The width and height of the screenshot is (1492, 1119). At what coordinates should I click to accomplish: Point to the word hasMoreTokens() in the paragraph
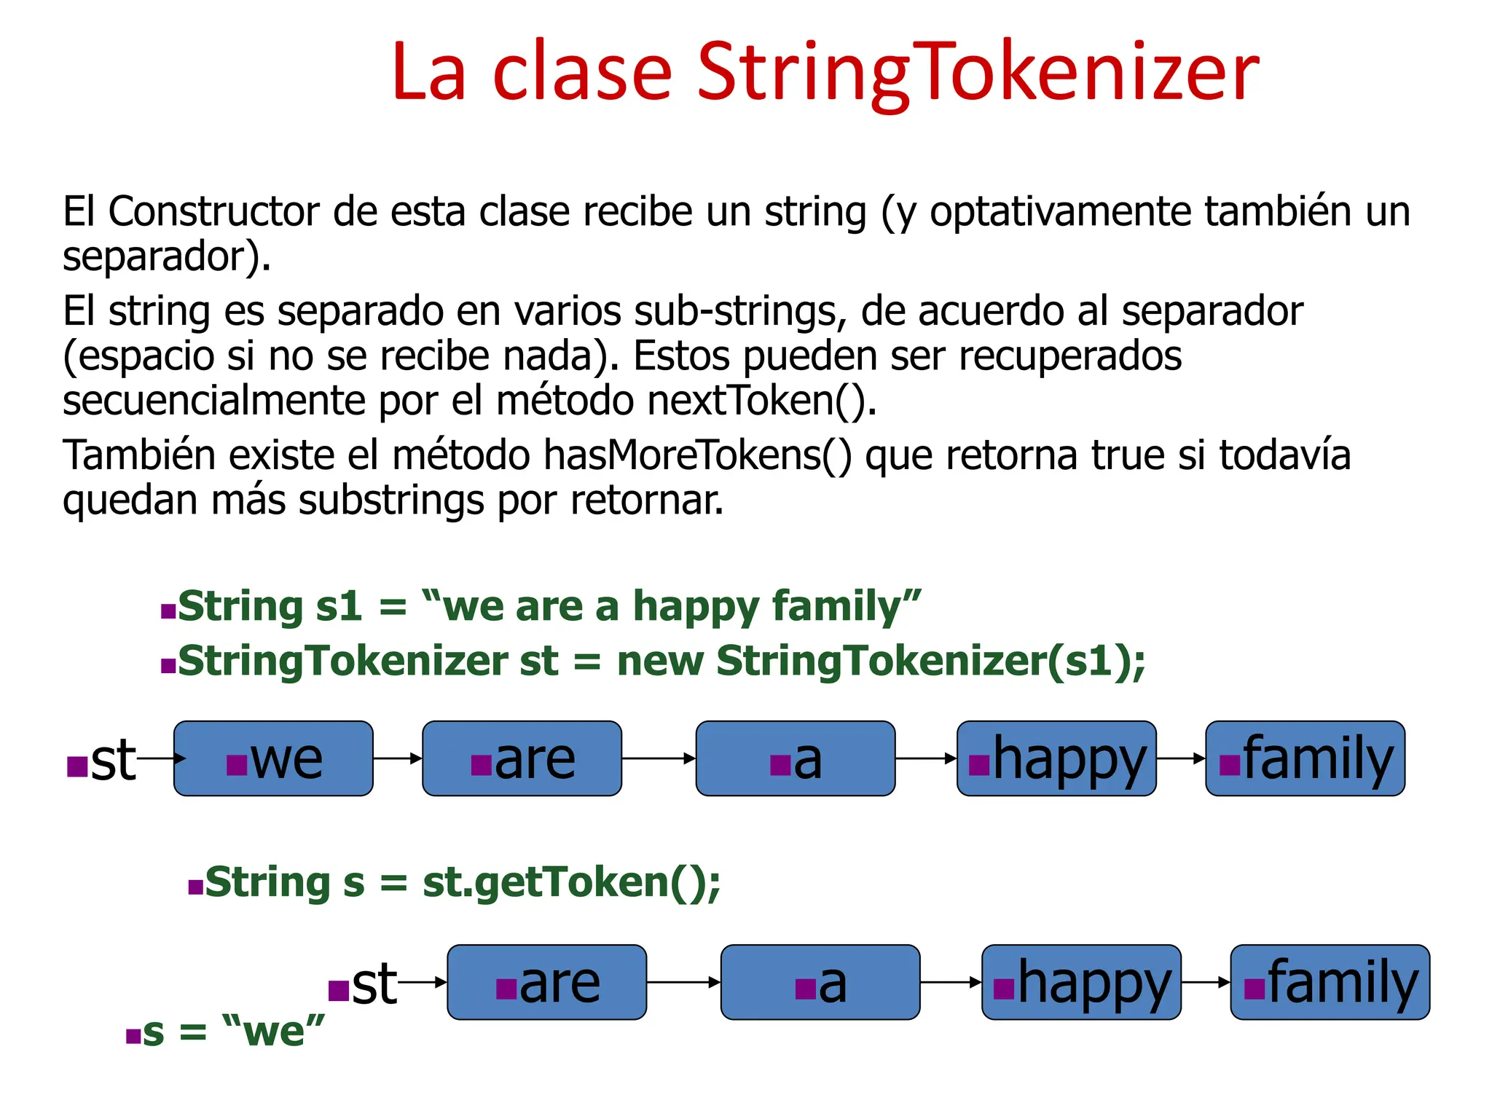697,456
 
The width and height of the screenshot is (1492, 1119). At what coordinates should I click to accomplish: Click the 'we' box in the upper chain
273,758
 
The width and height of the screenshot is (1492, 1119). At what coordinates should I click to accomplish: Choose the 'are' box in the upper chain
522,758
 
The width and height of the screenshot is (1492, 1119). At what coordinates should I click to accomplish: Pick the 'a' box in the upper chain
796,758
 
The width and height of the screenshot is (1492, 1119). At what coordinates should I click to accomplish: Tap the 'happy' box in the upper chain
1056,758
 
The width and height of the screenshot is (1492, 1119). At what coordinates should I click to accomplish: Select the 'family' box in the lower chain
1330,982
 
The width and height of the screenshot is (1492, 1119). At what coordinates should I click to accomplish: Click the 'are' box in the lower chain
546,982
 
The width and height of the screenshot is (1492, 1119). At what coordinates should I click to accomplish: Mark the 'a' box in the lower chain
820,982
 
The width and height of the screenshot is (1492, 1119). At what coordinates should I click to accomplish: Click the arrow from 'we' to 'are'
398,758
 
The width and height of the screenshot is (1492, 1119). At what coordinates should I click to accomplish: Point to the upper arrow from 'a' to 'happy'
926,758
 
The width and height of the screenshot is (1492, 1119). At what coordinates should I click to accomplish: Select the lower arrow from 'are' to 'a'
683,982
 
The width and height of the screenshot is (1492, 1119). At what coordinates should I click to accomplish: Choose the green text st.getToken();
571,882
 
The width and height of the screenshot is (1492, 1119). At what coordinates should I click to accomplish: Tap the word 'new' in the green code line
660,661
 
